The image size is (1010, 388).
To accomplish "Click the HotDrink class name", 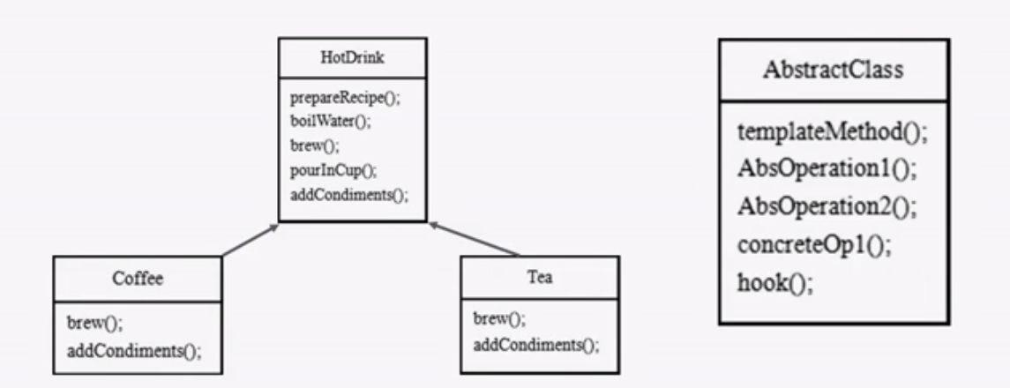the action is click(x=352, y=58).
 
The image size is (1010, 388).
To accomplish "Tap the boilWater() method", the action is click(x=331, y=122).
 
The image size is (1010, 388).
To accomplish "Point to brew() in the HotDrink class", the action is click(x=314, y=145).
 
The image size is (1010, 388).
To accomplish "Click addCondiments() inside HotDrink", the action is click(x=349, y=194).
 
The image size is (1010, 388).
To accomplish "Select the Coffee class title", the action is click(x=138, y=278).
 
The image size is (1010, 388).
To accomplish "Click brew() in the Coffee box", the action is click(x=94, y=323).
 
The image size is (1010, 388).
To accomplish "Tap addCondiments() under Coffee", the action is click(x=134, y=351).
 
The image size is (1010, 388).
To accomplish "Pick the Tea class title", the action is click(x=540, y=277).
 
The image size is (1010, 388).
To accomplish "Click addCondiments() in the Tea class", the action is click(x=536, y=346).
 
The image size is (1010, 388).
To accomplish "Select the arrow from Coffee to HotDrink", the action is click(x=250, y=240).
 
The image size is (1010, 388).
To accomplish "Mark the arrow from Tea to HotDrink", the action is click(x=474, y=239).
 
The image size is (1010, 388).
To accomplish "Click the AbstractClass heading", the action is click(x=833, y=70).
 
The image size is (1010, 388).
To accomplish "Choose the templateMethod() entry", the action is click(x=833, y=132).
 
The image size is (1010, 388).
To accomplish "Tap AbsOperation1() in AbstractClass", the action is click(x=827, y=169).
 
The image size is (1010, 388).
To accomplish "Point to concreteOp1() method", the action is click(x=815, y=245).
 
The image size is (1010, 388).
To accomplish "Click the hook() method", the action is click(x=775, y=282).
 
